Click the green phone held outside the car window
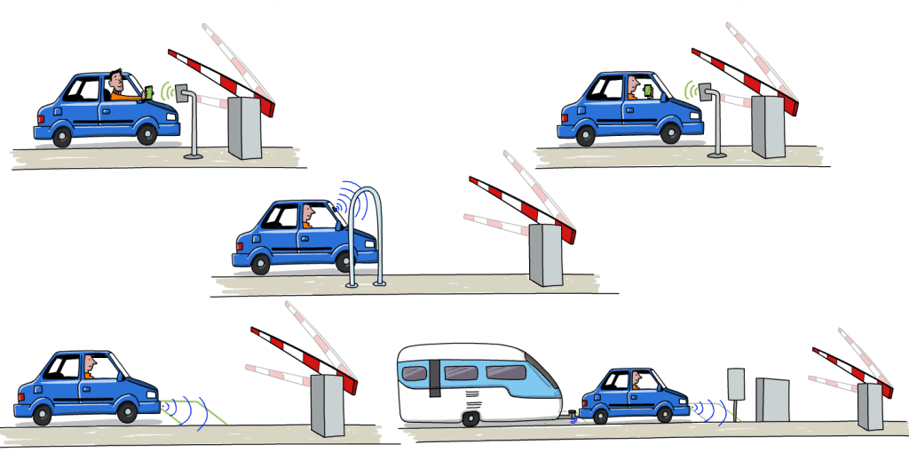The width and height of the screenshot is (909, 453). click(148, 91)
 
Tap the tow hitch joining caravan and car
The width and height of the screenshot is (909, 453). click(573, 416)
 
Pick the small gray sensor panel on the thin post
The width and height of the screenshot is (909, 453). click(735, 384)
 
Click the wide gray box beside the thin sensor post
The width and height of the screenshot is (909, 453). click(771, 400)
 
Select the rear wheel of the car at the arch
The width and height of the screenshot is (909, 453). click(259, 264)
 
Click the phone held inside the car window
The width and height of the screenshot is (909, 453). click(648, 91)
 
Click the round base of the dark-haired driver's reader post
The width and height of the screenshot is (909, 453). click(193, 156)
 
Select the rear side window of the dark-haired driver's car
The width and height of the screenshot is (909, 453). click(85, 89)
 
